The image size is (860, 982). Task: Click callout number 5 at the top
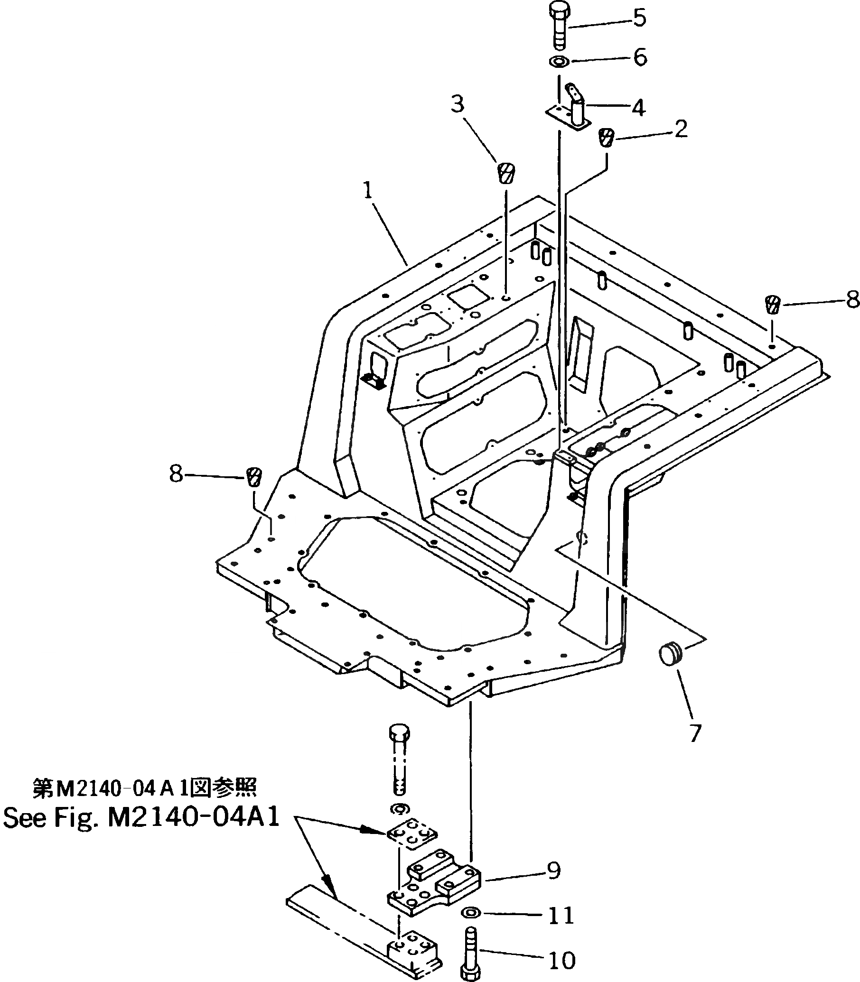[639, 18]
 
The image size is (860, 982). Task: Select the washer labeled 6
[559, 61]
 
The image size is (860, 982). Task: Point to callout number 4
[638, 108]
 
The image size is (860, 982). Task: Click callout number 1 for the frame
[368, 191]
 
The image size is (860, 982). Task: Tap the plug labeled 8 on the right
[772, 304]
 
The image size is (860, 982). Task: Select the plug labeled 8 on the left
[254, 477]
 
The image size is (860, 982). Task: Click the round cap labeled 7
[671, 655]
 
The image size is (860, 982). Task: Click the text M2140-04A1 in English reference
[194, 818]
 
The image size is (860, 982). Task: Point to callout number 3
[458, 103]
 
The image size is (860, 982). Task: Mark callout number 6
[640, 57]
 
